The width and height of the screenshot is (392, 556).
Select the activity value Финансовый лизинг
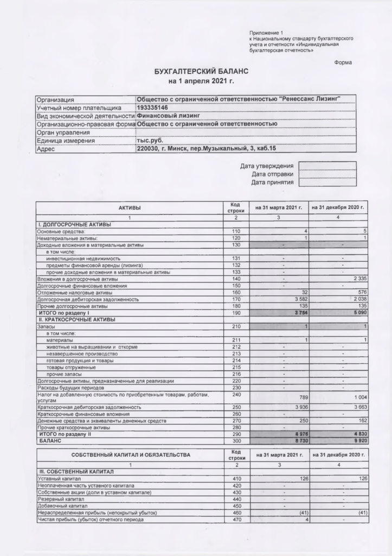[x=168, y=116]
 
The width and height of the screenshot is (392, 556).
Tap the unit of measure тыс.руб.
[x=150, y=140]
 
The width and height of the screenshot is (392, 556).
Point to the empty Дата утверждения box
[x=327, y=166]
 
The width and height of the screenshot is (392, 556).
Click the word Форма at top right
[x=343, y=62]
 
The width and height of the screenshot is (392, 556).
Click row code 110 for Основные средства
[x=236, y=232]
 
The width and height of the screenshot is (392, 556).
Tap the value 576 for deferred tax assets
[x=361, y=292]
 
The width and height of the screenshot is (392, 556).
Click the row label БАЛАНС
[x=50, y=442]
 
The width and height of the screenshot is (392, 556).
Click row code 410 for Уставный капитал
[x=236, y=478]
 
